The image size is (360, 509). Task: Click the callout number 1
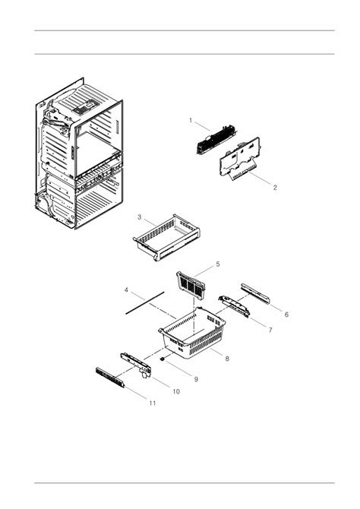pos(191,121)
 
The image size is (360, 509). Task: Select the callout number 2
pos(275,188)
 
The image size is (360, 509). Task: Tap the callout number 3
pos(139,217)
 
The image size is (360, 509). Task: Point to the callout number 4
pos(126,290)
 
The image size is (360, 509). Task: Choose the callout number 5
pos(218,264)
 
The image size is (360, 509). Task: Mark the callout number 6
pos(286,315)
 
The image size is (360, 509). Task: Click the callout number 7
pos(270,330)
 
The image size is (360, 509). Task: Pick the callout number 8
pos(227,359)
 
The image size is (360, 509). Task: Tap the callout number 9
pos(196,379)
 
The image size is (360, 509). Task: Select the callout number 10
pos(176,391)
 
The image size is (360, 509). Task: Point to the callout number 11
pos(153,403)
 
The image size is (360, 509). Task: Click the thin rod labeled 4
pos(145,303)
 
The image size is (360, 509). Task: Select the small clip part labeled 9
pos(163,359)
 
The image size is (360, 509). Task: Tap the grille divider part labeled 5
pos(191,285)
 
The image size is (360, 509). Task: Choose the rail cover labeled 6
pos(255,294)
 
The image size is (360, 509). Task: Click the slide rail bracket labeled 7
pos(234,306)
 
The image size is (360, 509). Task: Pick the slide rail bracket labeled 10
pos(137,365)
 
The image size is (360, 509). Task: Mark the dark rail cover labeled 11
pos(110,378)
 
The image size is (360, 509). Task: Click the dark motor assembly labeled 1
pos(216,139)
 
